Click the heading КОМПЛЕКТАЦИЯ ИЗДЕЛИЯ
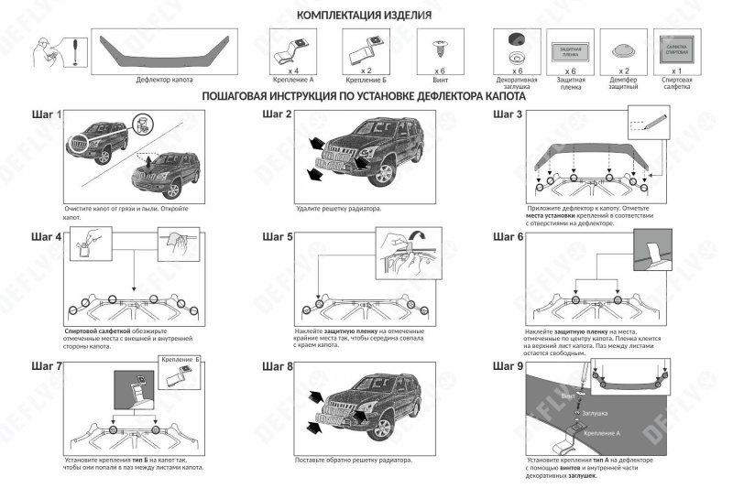pyautogui.click(x=365, y=16)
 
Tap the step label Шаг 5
pyautogui.click(x=278, y=237)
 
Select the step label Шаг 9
pyautogui.click(x=508, y=366)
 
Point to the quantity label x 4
pyautogui.click(x=294, y=70)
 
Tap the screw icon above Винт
pyautogui.click(x=437, y=45)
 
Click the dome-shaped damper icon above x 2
pyautogui.click(x=624, y=51)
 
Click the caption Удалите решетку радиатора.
pyautogui.click(x=339, y=209)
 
